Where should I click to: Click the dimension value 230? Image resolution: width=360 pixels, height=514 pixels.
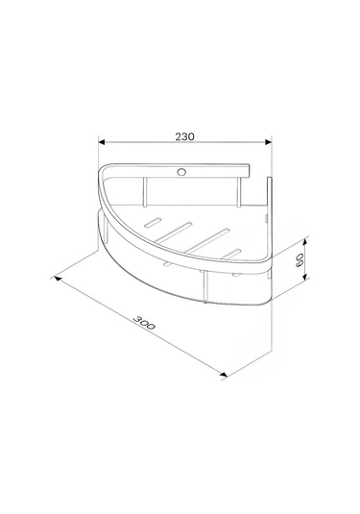click(184, 136)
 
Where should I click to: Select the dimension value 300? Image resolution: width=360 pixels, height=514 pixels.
click(144, 323)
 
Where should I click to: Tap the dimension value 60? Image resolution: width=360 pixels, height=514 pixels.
click(300, 259)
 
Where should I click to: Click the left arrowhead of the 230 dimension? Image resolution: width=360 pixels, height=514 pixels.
click(102, 142)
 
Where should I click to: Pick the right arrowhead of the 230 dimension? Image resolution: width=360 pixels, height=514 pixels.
click(269, 142)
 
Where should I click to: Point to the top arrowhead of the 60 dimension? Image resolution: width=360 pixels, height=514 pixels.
click(305, 241)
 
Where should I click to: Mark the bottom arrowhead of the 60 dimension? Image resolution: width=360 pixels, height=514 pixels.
click(305, 278)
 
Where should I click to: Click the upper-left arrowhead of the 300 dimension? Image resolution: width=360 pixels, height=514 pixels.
click(58, 279)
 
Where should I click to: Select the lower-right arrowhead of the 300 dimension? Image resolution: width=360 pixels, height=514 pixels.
click(224, 374)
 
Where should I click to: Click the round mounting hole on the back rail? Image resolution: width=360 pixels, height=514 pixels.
click(181, 172)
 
